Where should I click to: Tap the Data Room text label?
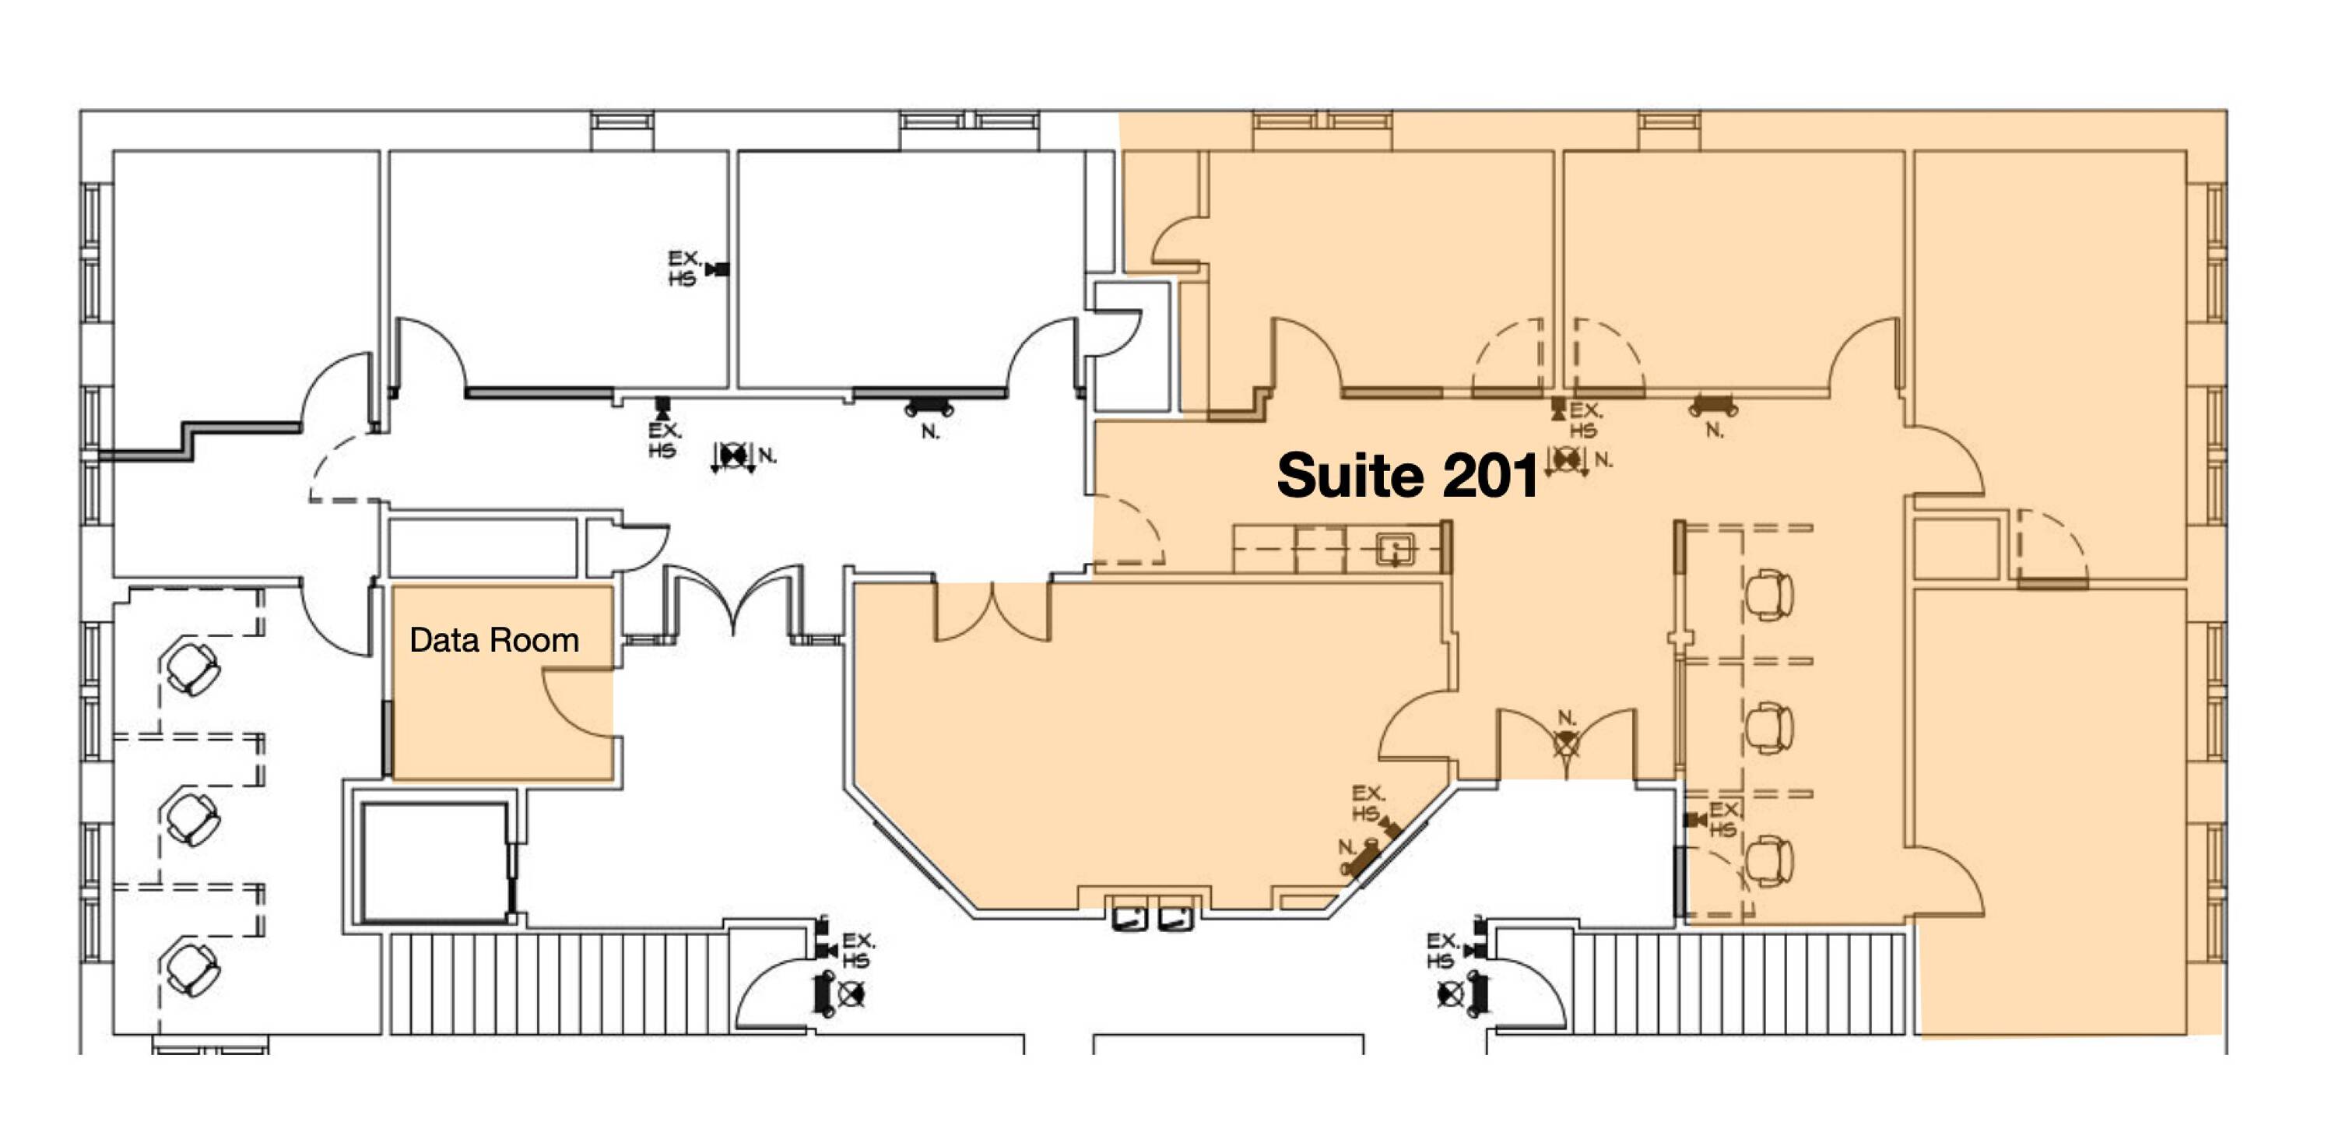pyautogui.click(x=494, y=640)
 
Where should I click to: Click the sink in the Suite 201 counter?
pyautogui.click(x=1395, y=550)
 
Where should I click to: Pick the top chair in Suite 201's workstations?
pyautogui.click(x=1768, y=595)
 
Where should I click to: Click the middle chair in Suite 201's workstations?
pyautogui.click(x=1768, y=728)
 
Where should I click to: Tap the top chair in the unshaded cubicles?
pyautogui.click(x=191, y=667)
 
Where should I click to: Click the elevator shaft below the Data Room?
pyautogui.click(x=435, y=860)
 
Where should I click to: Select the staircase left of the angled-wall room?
pyautogui.click(x=558, y=983)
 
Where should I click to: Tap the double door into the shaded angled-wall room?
pyautogui.click(x=993, y=612)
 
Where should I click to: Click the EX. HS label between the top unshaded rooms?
pyautogui.click(x=683, y=269)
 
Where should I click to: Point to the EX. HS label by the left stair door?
pyautogui.click(x=857, y=950)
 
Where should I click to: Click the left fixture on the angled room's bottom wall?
pyautogui.click(x=1129, y=919)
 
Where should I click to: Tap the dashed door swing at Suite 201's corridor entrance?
pyautogui.click(x=1129, y=529)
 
